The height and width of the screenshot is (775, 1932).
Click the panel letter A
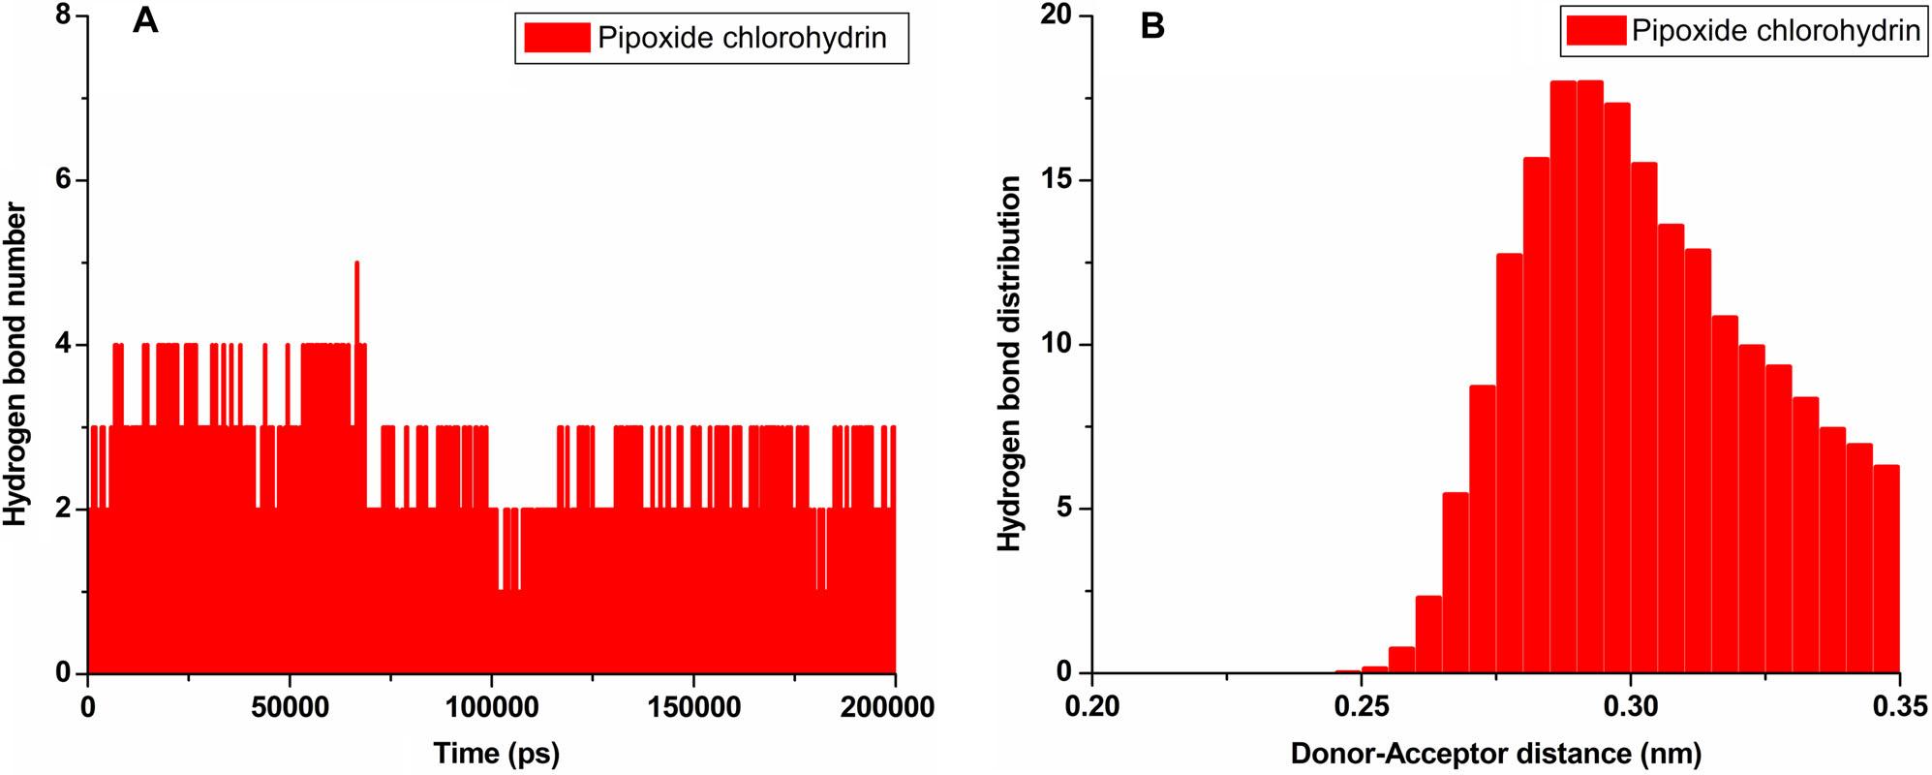[145, 23]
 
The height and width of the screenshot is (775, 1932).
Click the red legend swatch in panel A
[556, 38]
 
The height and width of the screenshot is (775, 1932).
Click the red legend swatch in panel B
[1596, 31]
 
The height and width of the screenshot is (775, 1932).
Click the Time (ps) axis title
[496, 753]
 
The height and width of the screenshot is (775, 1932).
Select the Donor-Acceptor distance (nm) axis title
[1495, 753]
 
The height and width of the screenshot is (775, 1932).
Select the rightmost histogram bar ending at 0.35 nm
[1886, 569]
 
